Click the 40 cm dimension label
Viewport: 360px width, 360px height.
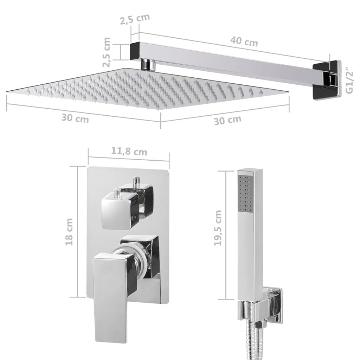coord(244,41)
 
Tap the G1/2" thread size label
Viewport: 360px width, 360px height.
coord(349,81)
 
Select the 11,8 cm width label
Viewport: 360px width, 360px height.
coord(129,152)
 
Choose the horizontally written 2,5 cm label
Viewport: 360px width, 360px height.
coord(135,19)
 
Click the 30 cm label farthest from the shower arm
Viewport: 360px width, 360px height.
coord(75,118)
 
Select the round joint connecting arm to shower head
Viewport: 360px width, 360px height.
coord(148,65)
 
